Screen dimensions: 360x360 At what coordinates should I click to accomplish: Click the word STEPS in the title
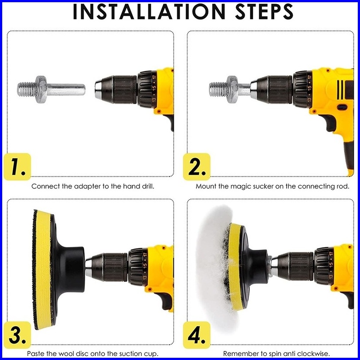[x=264, y=12]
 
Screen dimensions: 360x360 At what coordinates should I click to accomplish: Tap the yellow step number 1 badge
[x=17, y=167]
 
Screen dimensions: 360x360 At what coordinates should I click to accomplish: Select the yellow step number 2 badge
[x=197, y=167]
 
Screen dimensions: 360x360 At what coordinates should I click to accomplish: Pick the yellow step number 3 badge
[x=17, y=335]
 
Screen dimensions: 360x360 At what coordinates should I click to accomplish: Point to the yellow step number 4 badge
[x=197, y=335]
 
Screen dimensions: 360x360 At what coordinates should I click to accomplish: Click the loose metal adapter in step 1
[x=51, y=89]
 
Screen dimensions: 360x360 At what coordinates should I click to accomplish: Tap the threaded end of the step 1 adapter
[x=26, y=89]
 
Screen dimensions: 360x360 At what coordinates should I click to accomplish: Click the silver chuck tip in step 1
[x=99, y=89]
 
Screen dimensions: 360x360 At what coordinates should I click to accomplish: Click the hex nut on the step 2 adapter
[x=232, y=89]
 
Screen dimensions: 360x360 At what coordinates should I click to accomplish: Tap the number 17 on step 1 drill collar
[x=154, y=77]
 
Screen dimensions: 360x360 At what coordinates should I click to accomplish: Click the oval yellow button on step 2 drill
[x=342, y=107]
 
